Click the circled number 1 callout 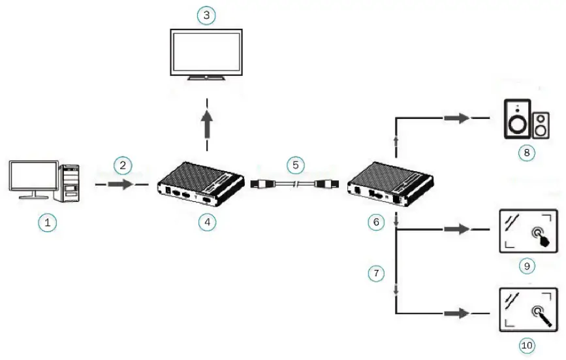point(46,222)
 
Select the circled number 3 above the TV point(206,15)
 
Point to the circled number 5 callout point(296,164)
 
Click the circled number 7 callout point(375,274)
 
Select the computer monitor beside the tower point(33,176)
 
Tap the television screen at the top point(206,52)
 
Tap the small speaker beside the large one point(541,125)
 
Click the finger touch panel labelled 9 point(527,231)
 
